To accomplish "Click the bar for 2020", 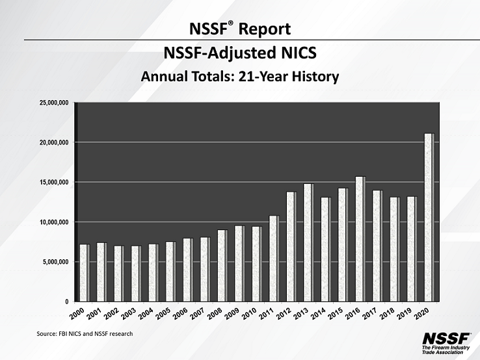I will click(x=429, y=217).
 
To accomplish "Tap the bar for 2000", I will click(x=84, y=272).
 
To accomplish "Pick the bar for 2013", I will click(x=308, y=242).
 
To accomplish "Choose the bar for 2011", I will click(x=274, y=258).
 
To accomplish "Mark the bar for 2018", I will click(x=394, y=249).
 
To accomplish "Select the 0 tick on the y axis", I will click(x=66, y=302).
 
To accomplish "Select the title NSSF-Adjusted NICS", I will click(x=239, y=52).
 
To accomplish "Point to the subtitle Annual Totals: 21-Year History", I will click(x=240, y=77).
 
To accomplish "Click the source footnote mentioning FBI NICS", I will click(x=85, y=333).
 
